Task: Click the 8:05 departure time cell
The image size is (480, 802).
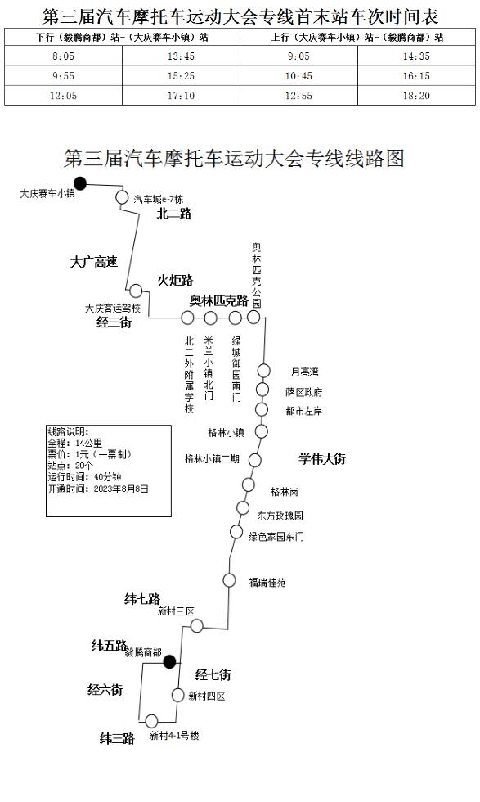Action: [x=64, y=56]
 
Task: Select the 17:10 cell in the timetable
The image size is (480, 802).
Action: [x=181, y=96]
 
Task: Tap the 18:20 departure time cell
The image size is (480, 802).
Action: [x=416, y=96]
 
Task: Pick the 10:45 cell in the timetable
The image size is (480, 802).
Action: [x=298, y=76]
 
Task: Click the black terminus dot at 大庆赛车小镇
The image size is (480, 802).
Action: [x=80, y=183]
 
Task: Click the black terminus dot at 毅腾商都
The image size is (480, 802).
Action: [x=170, y=662]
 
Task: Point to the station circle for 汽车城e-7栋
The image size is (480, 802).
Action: [x=122, y=197]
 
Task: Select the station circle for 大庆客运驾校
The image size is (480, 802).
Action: [x=136, y=291]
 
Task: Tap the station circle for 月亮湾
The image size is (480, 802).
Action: [x=263, y=370]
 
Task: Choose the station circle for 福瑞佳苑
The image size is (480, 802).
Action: [x=229, y=580]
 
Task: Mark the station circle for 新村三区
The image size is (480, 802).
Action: [x=197, y=625]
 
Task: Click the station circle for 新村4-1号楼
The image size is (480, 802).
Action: [x=151, y=721]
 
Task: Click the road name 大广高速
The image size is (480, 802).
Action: [x=94, y=263]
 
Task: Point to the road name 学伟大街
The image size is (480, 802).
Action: [x=322, y=458]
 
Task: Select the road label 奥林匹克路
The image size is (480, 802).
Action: [x=219, y=301]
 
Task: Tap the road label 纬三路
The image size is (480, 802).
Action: [x=117, y=738]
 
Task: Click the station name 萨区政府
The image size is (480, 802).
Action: [x=304, y=392]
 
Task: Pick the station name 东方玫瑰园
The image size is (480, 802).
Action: [x=280, y=516]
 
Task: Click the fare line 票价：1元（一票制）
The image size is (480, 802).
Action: [x=90, y=454]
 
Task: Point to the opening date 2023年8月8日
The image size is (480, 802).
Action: [x=121, y=489]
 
